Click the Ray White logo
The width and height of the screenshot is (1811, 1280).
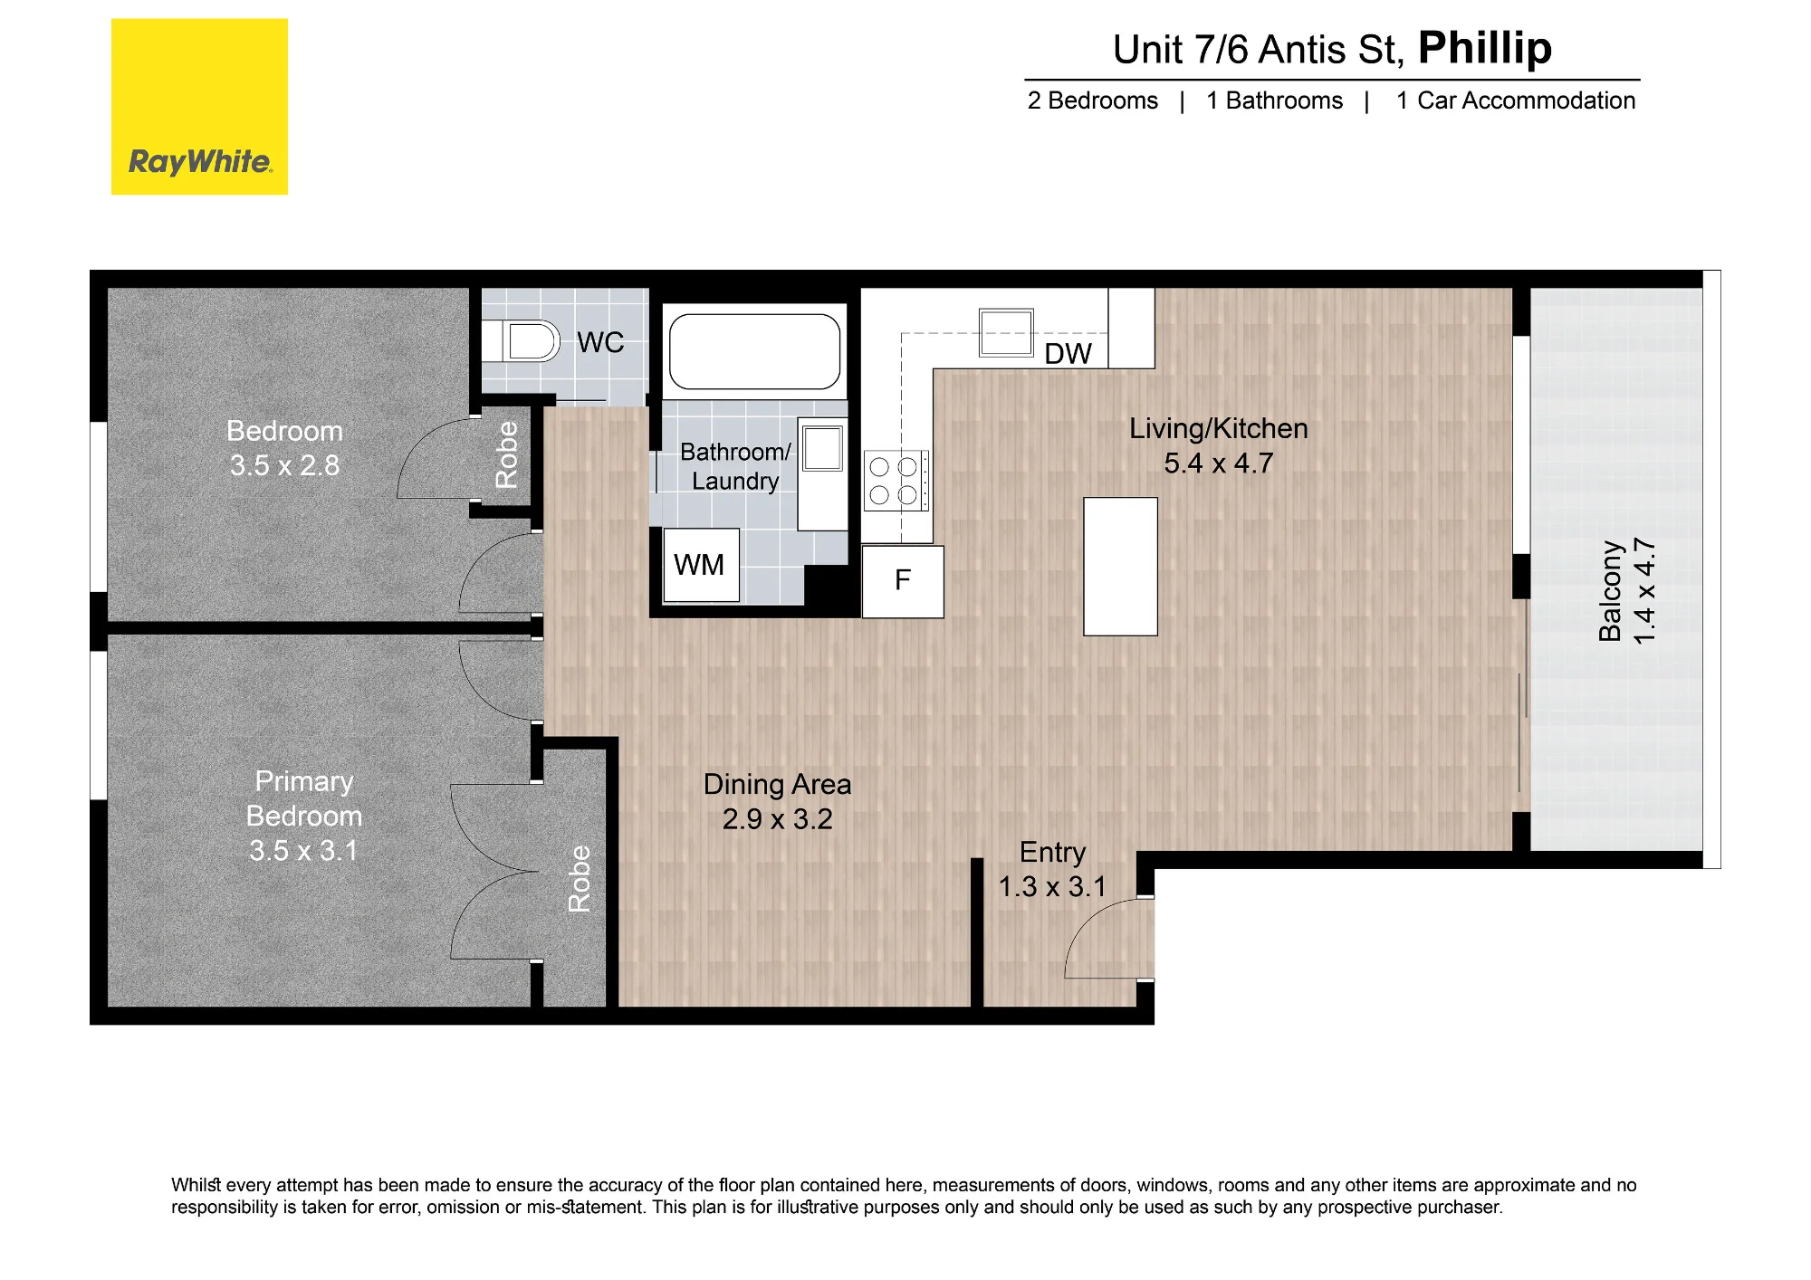[x=199, y=107]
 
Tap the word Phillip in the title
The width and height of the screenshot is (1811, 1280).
[x=1485, y=49]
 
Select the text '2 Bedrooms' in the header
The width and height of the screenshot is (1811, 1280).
[x=1092, y=100]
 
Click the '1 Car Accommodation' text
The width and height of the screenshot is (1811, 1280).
[x=1516, y=100]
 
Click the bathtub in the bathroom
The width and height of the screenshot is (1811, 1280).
[x=754, y=351]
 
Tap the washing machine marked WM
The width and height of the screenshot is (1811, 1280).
[x=701, y=565]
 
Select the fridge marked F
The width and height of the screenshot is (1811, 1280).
[x=903, y=581]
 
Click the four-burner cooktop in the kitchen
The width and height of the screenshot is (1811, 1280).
[x=896, y=481]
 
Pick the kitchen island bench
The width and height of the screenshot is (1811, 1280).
[x=1121, y=567]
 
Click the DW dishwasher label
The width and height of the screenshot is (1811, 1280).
[x=1068, y=354]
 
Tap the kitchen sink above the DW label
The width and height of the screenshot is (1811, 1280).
[x=1006, y=332]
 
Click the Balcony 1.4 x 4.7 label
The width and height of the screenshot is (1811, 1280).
[x=1626, y=591]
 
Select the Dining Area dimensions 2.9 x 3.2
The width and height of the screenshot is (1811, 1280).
[x=777, y=819]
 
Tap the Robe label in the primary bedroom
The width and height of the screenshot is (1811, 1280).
[x=579, y=878]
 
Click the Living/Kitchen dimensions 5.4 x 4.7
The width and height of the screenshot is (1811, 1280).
[x=1218, y=463]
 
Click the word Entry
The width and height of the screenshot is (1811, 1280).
[x=1052, y=853]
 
